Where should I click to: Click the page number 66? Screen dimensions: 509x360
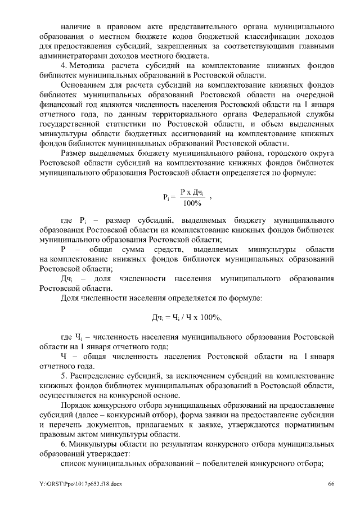coord(331,484)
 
